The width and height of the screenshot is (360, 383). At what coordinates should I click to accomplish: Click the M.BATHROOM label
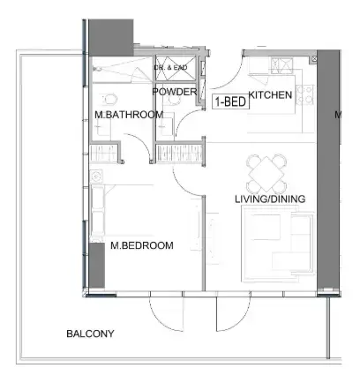coord(128,115)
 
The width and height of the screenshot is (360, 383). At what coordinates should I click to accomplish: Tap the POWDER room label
coord(175,92)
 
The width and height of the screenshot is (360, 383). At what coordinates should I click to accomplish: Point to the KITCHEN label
coord(270,94)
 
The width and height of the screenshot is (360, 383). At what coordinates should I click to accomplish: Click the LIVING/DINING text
coord(270,199)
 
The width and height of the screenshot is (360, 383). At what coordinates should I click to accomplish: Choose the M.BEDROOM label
coord(141,245)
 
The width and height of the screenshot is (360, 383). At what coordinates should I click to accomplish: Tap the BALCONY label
coord(91,334)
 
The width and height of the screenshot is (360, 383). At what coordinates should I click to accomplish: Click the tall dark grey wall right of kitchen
coord(327,168)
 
